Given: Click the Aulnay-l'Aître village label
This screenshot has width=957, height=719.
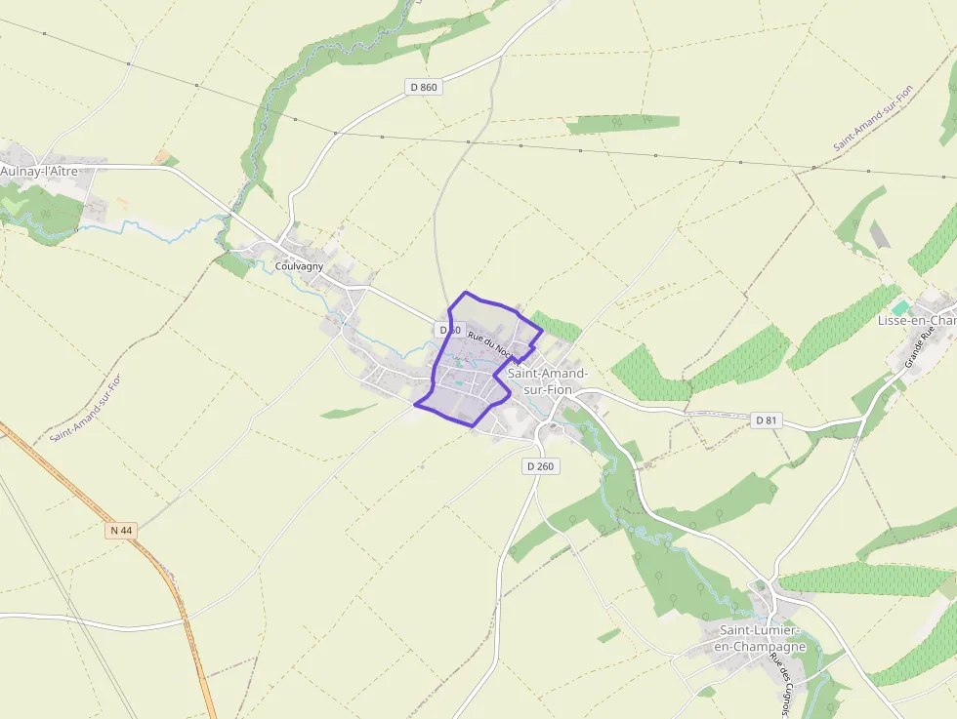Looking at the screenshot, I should click(x=39, y=171).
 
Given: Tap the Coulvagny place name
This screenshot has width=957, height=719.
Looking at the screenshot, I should click(x=299, y=266).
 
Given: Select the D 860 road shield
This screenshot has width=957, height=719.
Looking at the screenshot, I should click(x=424, y=87).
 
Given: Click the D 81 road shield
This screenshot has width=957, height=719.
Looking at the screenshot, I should click(x=767, y=420).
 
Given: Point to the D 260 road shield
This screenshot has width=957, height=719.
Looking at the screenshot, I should click(x=540, y=466).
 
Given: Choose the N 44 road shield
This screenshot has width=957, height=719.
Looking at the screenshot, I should click(x=121, y=530).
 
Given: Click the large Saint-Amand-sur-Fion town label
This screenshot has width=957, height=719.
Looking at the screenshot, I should click(x=547, y=381).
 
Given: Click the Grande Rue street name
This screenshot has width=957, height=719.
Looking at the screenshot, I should click(x=918, y=346).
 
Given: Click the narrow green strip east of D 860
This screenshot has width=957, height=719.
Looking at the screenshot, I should click(x=623, y=123).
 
